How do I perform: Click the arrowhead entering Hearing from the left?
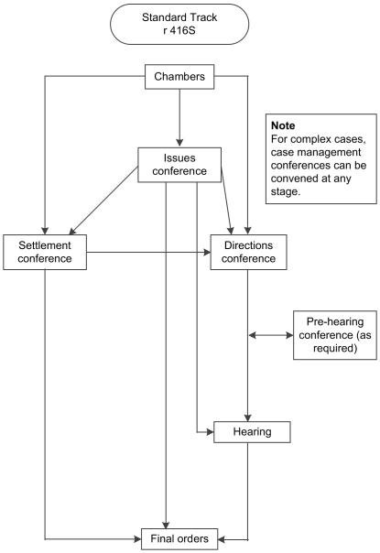(209, 430)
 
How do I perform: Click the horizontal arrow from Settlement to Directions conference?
(147, 253)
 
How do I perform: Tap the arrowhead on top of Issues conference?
(179, 143)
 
